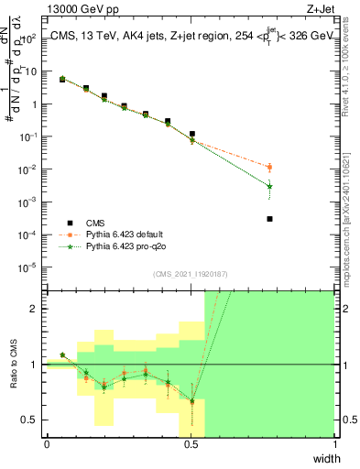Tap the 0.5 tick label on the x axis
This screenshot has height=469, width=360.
click(191, 446)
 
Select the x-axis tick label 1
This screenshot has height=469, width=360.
click(335, 446)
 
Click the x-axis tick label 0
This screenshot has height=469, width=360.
click(47, 446)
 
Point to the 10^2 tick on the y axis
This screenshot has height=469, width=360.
click(30, 38)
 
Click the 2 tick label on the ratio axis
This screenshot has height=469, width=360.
click(35, 309)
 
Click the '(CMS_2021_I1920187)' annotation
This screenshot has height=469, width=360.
click(191, 274)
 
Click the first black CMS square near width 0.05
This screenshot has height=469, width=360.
click(62, 80)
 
